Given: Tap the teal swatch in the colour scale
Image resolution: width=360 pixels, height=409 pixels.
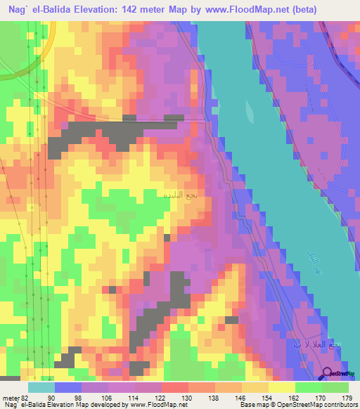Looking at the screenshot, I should coord(41,387).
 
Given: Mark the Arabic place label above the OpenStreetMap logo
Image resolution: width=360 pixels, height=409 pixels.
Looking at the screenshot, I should coord(317,344).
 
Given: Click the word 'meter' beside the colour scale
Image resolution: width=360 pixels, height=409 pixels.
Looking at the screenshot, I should coord(9,398).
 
